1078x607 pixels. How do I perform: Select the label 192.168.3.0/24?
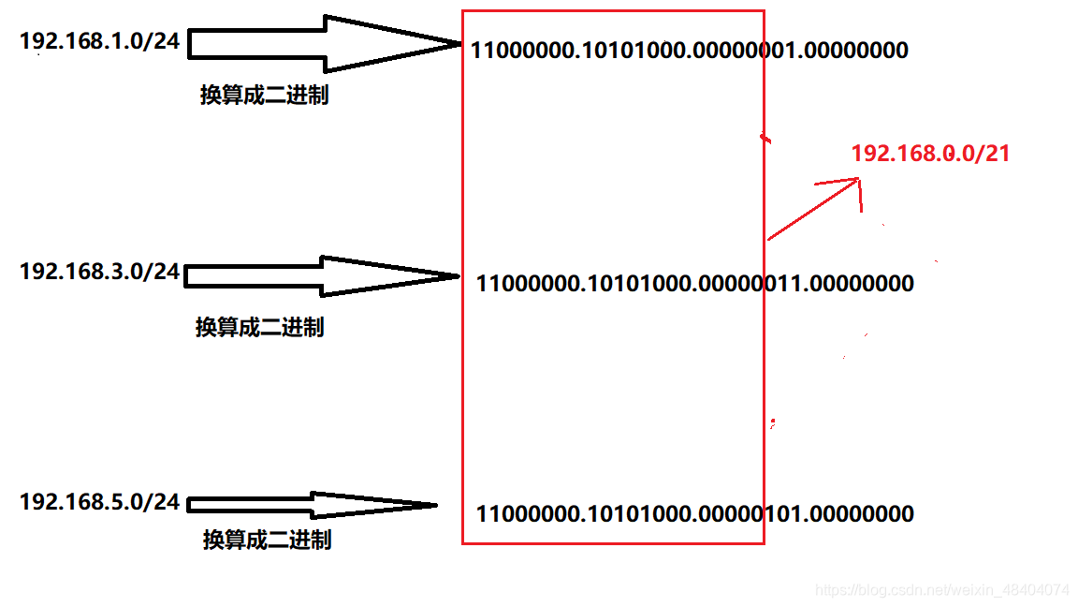(x=99, y=272)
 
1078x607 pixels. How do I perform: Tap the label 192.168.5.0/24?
(x=99, y=502)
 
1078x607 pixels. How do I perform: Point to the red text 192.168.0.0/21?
(x=930, y=154)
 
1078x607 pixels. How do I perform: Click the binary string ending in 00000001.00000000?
(x=689, y=50)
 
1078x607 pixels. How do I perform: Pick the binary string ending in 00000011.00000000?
(x=694, y=283)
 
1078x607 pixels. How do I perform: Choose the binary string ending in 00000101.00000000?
(x=694, y=513)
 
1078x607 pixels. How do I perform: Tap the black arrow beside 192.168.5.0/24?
(x=313, y=505)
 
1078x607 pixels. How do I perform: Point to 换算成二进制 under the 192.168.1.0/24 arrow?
(x=264, y=96)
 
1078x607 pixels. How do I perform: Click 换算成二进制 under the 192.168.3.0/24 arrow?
(x=259, y=327)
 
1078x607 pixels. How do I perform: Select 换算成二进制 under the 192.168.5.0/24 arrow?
(x=267, y=540)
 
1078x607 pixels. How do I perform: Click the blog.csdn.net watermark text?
(x=941, y=590)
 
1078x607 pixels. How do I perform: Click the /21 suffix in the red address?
(x=992, y=154)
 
